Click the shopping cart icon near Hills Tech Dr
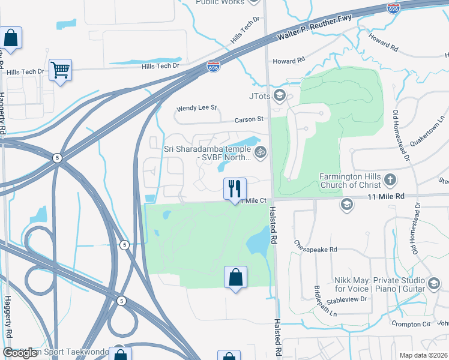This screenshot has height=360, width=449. (60, 70)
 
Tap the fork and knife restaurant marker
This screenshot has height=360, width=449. (235, 188)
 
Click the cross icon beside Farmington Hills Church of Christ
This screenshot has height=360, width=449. (390, 179)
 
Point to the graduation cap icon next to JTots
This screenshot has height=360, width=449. (279, 95)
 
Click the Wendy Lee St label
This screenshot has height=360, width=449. (196, 109)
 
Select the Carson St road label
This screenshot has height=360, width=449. (249, 119)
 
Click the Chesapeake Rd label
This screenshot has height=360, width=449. (316, 245)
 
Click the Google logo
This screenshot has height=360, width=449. (19, 353)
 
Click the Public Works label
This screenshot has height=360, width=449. (221, 2)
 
